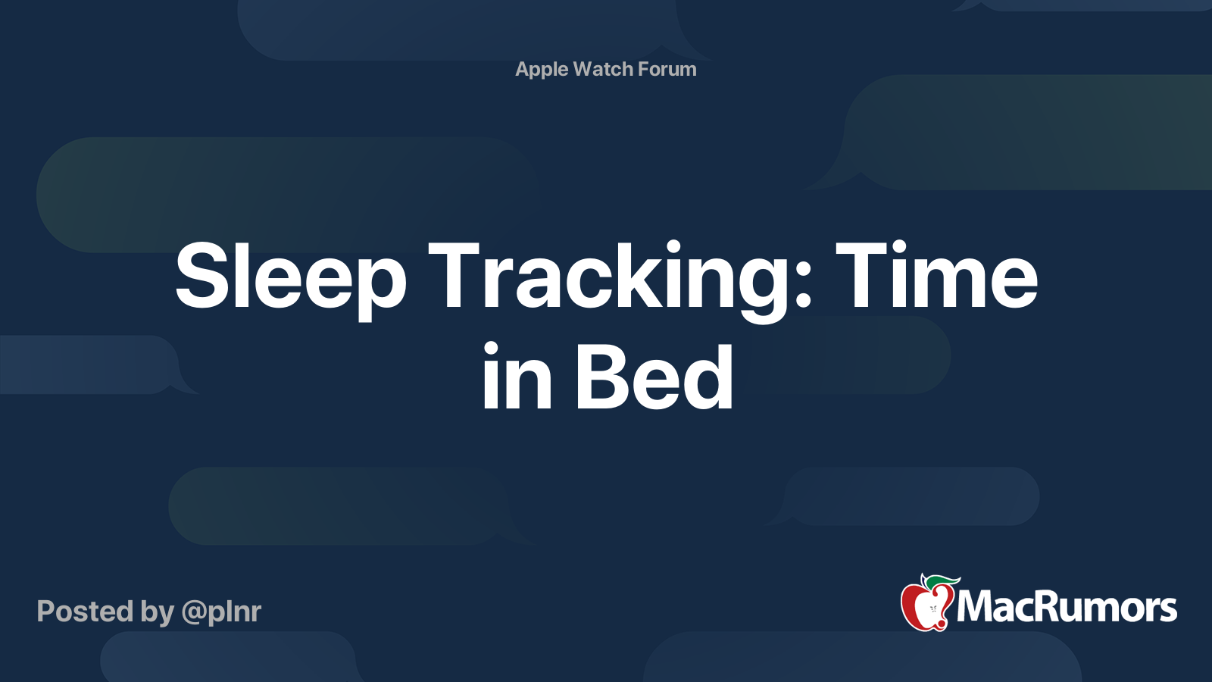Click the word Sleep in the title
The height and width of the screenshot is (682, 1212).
coord(291,280)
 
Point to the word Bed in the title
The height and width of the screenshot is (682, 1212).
coord(654,376)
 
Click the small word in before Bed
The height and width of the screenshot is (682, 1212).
coord(517,376)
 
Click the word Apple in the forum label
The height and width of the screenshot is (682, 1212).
coord(541,70)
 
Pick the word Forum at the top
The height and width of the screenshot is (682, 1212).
coord(667,69)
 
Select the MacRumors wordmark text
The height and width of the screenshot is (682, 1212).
coord(1067,607)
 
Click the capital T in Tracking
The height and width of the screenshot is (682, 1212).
coord(454,274)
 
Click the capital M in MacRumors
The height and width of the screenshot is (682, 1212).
coord(977,607)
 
